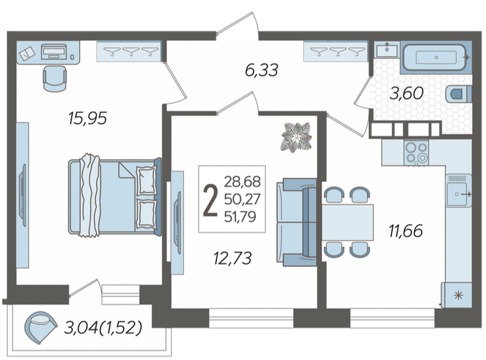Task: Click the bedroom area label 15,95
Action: click(88, 118)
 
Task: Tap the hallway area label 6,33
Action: click(261, 70)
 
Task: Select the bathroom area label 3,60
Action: click(406, 93)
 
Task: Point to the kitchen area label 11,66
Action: click(406, 231)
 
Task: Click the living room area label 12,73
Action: click(233, 258)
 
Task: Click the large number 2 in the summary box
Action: click(210, 200)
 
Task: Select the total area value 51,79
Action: click(240, 217)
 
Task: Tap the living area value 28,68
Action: click(242, 182)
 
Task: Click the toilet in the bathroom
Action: click(459, 94)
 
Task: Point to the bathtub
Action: click(435, 57)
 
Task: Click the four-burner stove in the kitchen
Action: click(416, 152)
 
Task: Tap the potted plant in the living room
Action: click(296, 138)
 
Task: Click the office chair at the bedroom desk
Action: click(54, 79)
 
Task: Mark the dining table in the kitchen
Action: click(348, 222)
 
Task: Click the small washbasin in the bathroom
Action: click(387, 50)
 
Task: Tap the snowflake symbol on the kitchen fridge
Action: click(458, 296)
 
